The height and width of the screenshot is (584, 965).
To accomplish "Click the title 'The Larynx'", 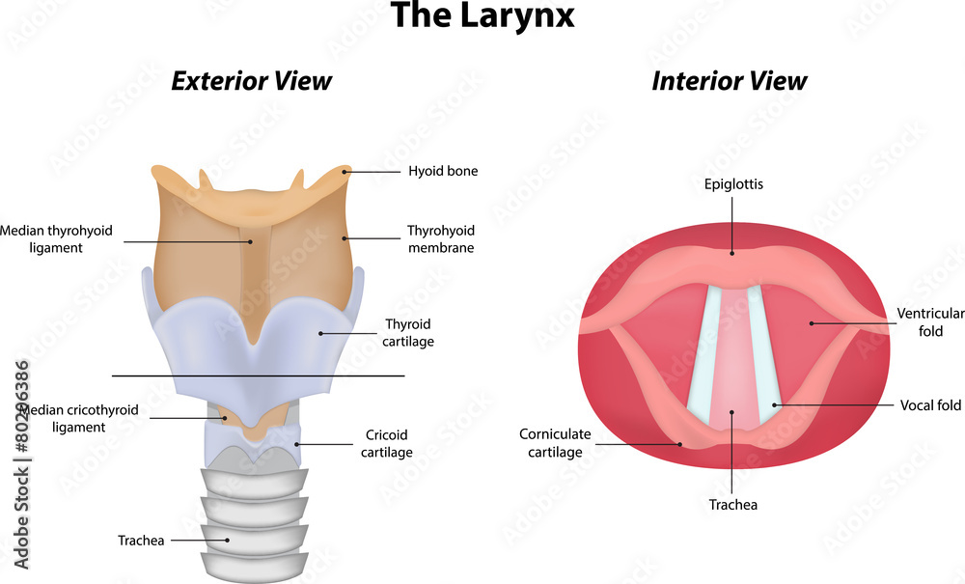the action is click(x=482, y=15).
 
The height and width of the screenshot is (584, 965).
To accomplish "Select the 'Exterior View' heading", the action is click(x=251, y=81).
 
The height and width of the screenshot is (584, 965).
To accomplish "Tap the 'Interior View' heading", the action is click(x=730, y=81).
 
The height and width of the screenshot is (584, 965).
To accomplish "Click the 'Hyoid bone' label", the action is click(x=443, y=171).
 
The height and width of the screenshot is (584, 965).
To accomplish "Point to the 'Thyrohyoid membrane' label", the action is click(x=441, y=238).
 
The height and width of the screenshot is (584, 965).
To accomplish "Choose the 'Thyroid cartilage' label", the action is click(x=408, y=332).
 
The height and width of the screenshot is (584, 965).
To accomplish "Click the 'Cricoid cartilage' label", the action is click(x=387, y=443).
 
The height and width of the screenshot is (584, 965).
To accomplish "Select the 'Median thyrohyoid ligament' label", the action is click(x=56, y=238).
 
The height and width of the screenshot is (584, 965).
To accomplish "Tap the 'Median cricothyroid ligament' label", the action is click(x=79, y=419).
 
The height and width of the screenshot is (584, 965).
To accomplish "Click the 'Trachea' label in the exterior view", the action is click(x=141, y=541).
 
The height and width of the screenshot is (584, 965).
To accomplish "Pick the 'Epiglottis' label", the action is click(x=733, y=184).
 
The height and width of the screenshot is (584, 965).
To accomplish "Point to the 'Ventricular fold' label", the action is click(x=930, y=321).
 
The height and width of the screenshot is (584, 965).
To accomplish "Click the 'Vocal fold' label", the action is click(x=930, y=404).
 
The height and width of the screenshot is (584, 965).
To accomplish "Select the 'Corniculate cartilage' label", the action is click(x=555, y=442).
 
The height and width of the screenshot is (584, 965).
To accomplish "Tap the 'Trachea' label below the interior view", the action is click(x=733, y=505).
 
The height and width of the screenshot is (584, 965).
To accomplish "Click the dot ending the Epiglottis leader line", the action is click(x=732, y=252).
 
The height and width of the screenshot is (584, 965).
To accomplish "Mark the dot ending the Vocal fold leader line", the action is click(x=775, y=404).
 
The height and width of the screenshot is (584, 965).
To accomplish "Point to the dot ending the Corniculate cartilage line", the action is click(x=680, y=444).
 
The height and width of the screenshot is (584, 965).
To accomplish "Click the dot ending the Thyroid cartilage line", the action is click(x=320, y=334).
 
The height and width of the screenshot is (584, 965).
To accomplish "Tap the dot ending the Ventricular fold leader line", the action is click(x=812, y=323).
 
